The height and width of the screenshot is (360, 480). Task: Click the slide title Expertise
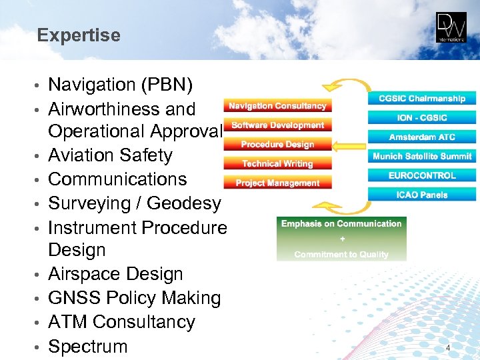79,35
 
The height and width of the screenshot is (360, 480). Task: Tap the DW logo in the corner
451,27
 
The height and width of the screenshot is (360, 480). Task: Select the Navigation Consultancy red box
277,105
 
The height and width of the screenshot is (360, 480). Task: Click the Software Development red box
277,125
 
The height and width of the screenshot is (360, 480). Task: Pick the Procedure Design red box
277,144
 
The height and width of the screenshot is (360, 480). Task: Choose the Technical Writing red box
277,163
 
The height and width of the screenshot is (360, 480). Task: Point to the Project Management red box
277,183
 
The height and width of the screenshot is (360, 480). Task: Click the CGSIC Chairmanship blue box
422,99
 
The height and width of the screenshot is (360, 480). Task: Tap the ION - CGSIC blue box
422,118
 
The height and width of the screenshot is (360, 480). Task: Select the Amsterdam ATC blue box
422,137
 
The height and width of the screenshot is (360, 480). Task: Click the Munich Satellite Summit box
422,157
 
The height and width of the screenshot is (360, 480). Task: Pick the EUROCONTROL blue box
422,176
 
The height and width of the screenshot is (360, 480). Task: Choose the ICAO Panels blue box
422,195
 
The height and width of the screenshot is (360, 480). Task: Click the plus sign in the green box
341,239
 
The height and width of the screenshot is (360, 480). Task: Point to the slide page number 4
448,348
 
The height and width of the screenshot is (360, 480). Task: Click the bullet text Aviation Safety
110,155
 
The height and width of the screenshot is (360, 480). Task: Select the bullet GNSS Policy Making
134,298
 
